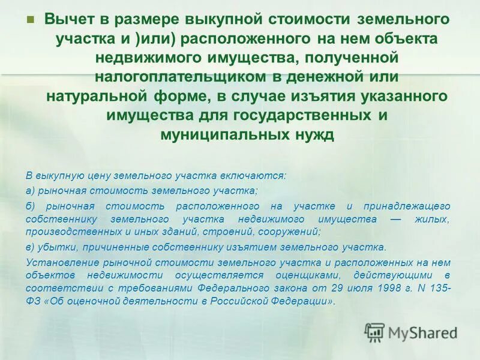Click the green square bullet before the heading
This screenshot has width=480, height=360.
click(31, 19)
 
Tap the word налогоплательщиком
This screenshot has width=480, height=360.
click(179, 77)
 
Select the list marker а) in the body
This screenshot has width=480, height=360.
click(31, 191)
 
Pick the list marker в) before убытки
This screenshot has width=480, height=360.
click(31, 247)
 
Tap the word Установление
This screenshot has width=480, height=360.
click(59, 261)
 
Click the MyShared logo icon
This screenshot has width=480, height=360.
click(375, 332)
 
